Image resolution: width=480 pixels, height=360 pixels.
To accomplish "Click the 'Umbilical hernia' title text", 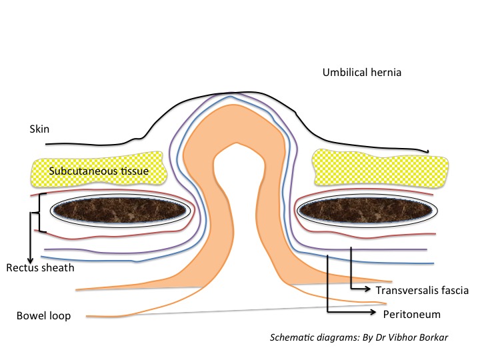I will [x=361, y=72].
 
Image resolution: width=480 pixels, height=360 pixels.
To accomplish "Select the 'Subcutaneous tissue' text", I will [x=97, y=171].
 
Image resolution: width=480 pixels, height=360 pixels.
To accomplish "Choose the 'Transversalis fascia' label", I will [x=423, y=290].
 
